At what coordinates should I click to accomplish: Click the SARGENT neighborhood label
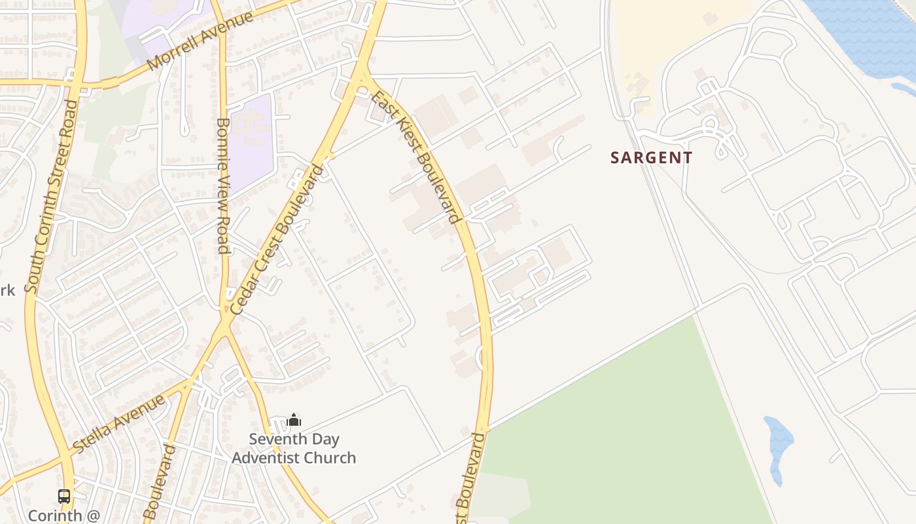pyautogui.click(x=651, y=158)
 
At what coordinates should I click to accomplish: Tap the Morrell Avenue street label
pyautogui.click(x=200, y=41)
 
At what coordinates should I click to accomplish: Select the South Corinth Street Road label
pyautogui.click(x=52, y=196)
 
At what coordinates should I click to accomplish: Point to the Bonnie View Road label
pyautogui.click(x=222, y=185)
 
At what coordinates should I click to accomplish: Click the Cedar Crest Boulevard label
pyautogui.click(x=277, y=239)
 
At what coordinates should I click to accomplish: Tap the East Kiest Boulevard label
pyautogui.click(x=414, y=157)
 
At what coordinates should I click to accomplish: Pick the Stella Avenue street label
pyautogui.click(x=120, y=423)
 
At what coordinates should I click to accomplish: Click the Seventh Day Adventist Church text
pyautogui.click(x=294, y=449)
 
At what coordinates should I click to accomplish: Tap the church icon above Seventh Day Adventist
pyautogui.click(x=294, y=419)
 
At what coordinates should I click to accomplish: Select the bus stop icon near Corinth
pyautogui.click(x=64, y=496)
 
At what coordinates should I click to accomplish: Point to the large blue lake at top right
pyautogui.click(x=870, y=33)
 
